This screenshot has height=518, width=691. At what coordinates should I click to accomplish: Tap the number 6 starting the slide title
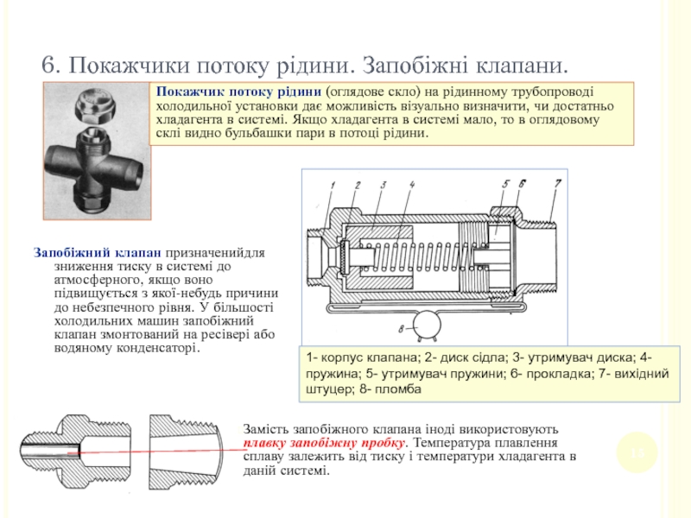tap(49, 66)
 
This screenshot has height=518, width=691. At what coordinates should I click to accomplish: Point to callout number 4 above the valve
tap(413, 185)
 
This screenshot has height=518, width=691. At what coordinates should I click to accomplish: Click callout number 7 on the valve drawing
tap(558, 183)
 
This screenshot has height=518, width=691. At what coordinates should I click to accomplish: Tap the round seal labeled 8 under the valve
tap(426, 325)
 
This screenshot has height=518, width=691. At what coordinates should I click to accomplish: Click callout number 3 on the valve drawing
tap(381, 186)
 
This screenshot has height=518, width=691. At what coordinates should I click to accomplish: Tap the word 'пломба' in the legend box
tap(399, 390)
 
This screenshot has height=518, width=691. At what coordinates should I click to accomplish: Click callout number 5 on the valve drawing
tap(505, 184)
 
